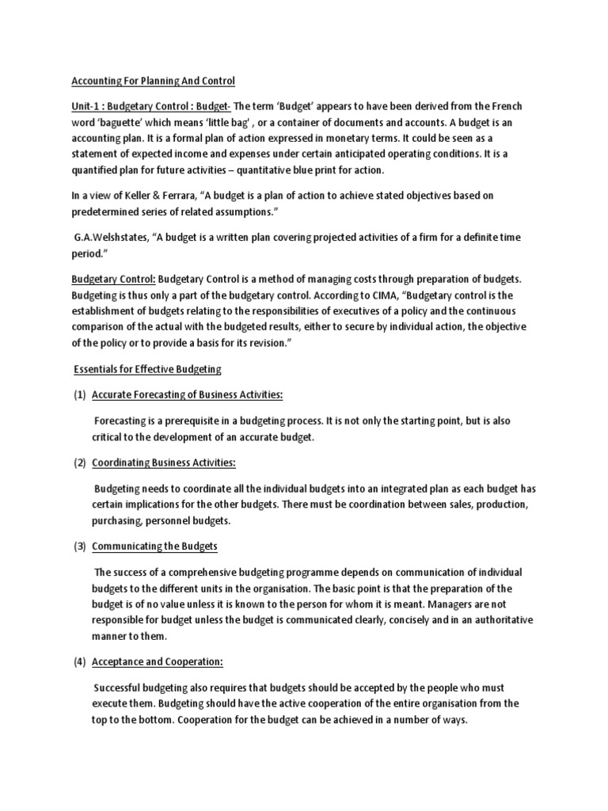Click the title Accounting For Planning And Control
pos(154,81)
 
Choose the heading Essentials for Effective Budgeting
pos(147,369)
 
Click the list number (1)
pos(79,394)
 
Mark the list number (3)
pos(79,546)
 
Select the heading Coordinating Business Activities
pos(165,463)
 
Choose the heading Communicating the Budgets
pos(154,546)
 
